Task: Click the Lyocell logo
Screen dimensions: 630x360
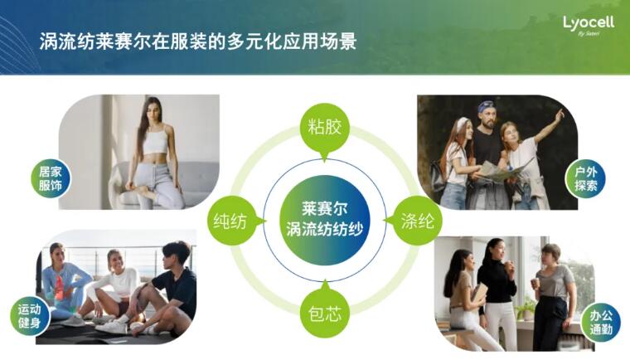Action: click(x=589, y=26)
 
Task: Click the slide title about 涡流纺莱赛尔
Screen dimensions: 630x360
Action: click(x=197, y=41)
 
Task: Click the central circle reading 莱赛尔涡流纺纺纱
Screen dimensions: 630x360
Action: click(x=325, y=220)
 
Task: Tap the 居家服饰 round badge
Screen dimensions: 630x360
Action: click(x=51, y=178)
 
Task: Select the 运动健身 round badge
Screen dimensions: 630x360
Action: click(x=30, y=316)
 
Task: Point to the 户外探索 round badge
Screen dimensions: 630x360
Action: click(x=585, y=178)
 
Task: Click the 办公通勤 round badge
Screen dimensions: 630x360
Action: click(x=601, y=323)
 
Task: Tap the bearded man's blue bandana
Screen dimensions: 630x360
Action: click(x=486, y=106)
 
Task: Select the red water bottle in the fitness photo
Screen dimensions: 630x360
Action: click(x=59, y=288)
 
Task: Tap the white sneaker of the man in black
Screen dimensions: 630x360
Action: click(x=112, y=327)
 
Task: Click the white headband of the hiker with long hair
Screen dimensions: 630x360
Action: click(x=463, y=122)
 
